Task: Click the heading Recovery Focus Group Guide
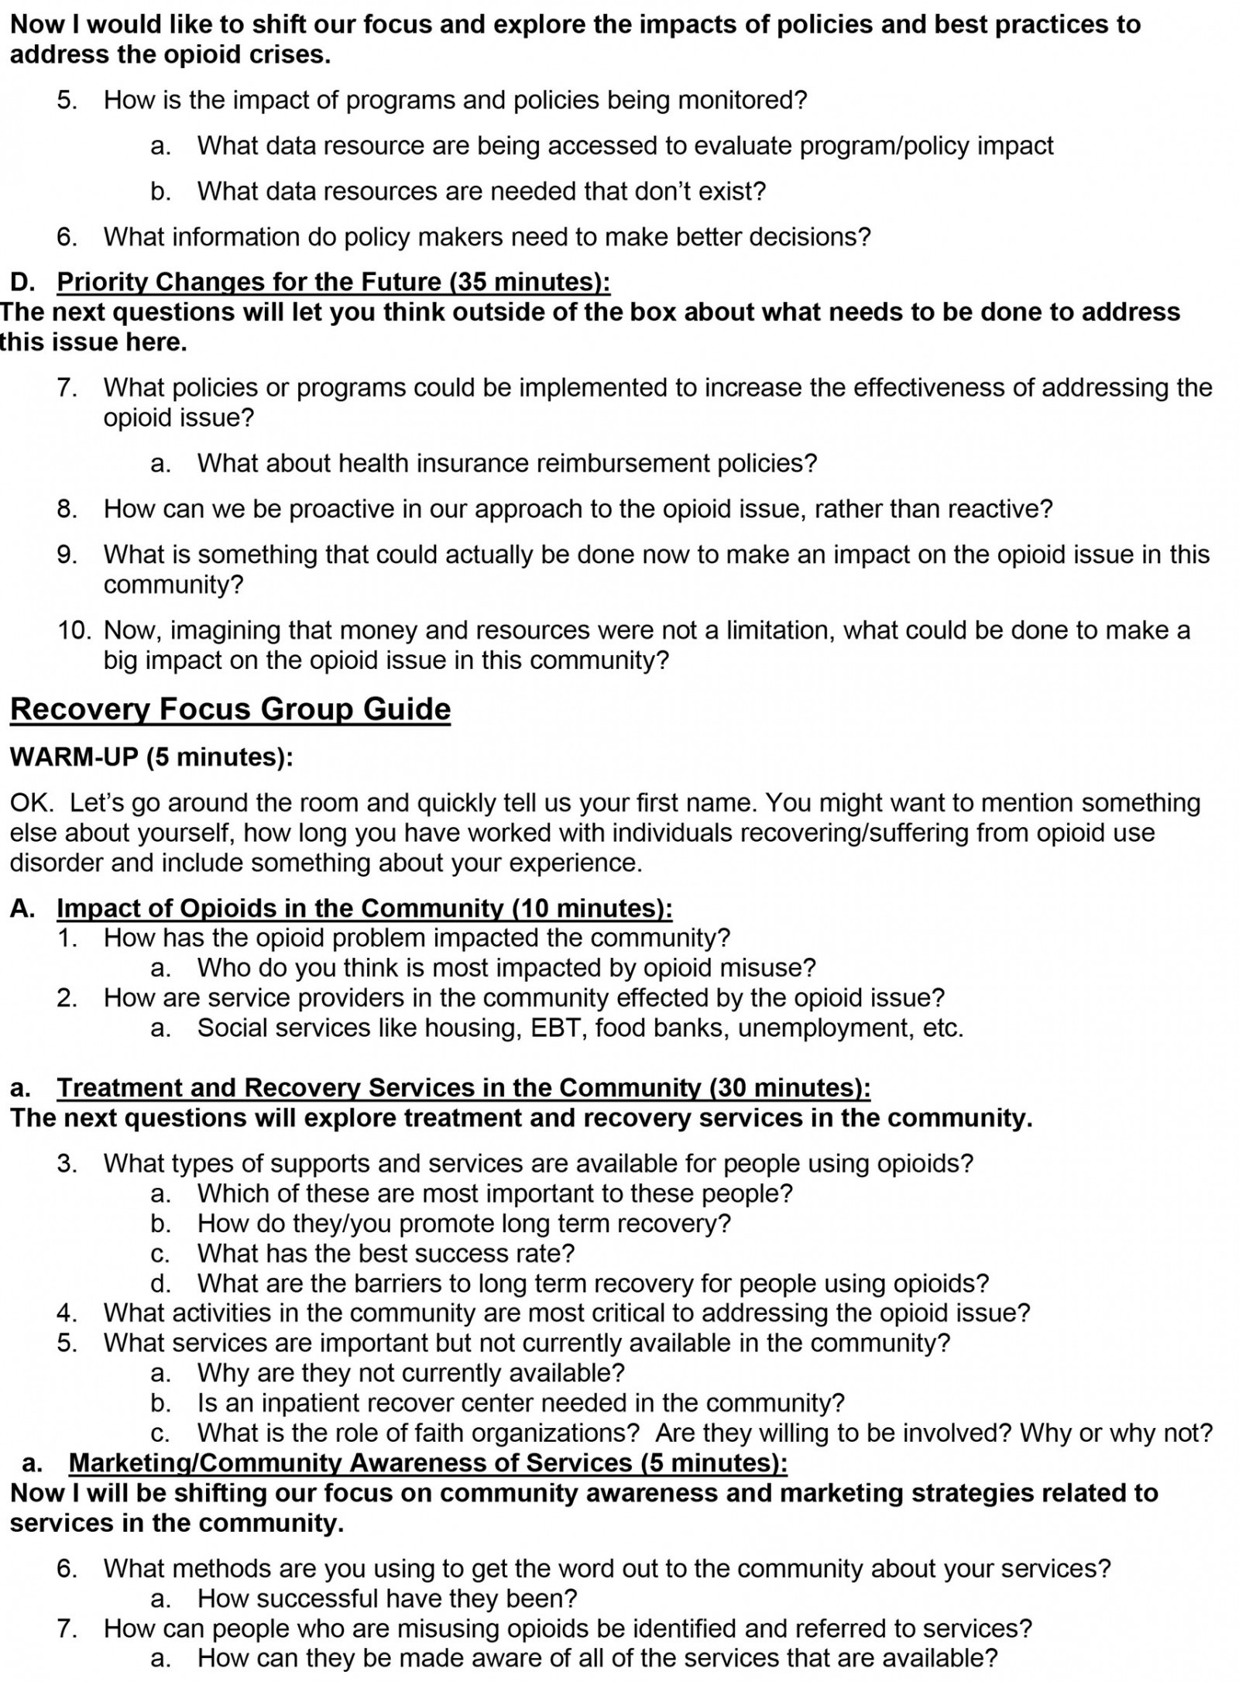coord(230,709)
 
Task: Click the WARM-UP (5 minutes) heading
coord(152,757)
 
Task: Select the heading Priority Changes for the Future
coord(333,282)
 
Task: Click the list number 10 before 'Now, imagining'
coord(75,630)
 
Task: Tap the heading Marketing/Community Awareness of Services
coord(427,1463)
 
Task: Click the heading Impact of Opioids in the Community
coord(364,908)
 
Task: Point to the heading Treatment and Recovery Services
coord(463,1088)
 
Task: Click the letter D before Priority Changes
coord(19,282)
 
